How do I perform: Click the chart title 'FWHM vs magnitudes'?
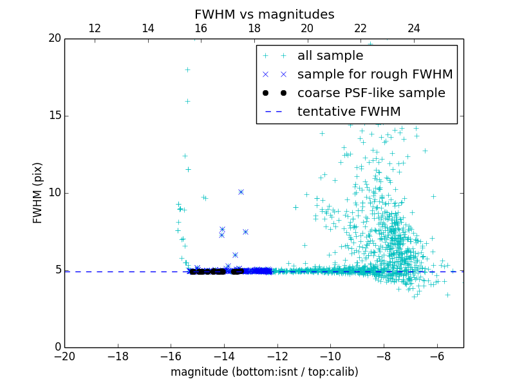point(264,14)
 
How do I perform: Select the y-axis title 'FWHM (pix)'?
point(38,193)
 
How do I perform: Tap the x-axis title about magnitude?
point(264,372)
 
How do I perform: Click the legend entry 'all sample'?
point(330,56)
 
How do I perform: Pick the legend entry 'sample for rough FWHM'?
point(375,74)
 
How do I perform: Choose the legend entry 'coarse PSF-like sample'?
point(371,93)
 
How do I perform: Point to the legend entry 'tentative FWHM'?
point(348,111)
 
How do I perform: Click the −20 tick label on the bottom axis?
point(64,356)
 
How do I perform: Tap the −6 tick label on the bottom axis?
point(436,356)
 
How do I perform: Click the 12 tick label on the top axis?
point(94,28)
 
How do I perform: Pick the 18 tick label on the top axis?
point(254,28)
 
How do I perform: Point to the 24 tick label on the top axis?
point(414,28)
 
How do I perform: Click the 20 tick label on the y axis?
point(54,39)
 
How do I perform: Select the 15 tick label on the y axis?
point(54,116)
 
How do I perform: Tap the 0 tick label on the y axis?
point(57,347)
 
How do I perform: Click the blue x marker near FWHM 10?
point(241,192)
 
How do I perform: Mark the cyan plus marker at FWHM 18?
point(187,69)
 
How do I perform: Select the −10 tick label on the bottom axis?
point(330,356)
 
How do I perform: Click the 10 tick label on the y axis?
point(54,193)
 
